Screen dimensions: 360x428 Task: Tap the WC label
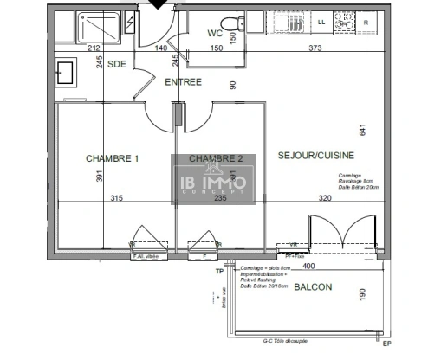tap(217, 34)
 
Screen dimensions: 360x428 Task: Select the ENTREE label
tap(183, 83)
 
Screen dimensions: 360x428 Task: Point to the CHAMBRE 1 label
tap(113, 158)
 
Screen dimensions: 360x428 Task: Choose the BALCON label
tap(311, 286)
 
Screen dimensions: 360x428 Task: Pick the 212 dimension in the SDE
tap(70, 48)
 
